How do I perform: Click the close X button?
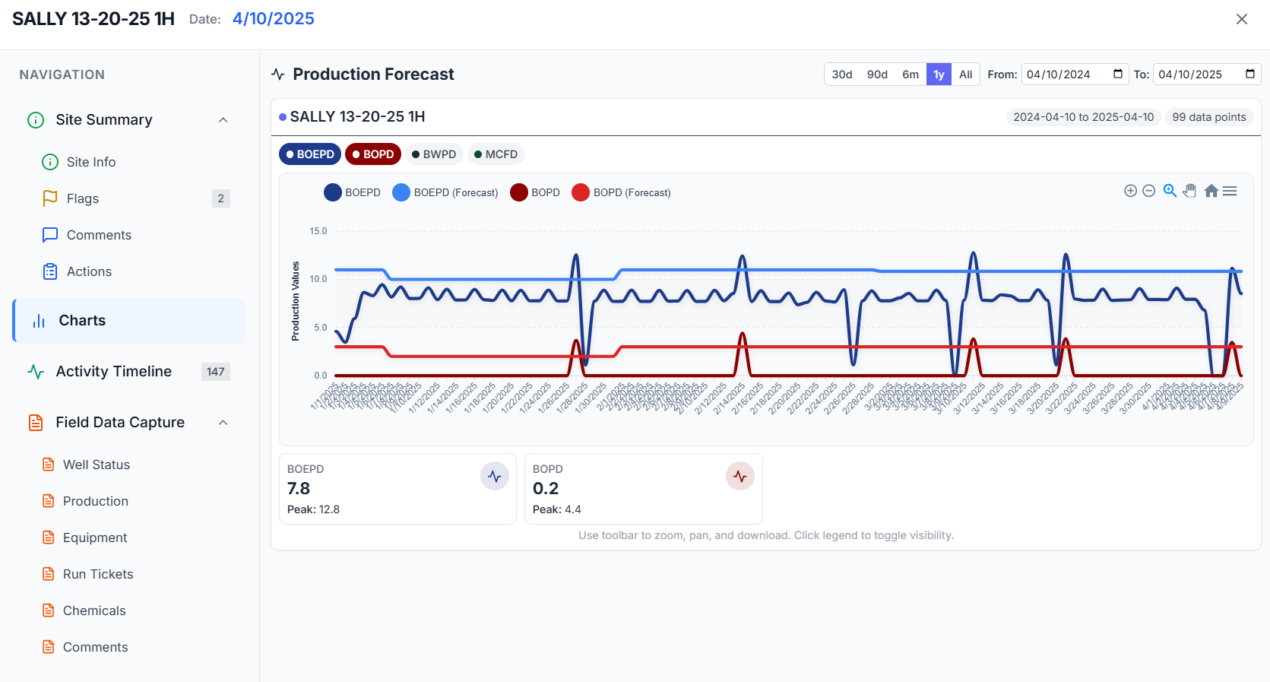click(1241, 19)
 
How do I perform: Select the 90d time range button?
click(877, 75)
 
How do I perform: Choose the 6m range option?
click(910, 75)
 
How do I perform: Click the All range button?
click(965, 75)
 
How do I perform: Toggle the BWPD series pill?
click(433, 154)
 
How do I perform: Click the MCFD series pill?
click(496, 154)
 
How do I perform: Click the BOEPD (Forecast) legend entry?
click(445, 192)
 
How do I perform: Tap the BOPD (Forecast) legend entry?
click(622, 192)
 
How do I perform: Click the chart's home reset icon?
click(1211, 191)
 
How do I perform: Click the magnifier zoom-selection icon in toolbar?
click(1170, 191)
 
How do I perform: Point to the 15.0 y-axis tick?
click(318, 231)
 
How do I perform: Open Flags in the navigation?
click(83, 198)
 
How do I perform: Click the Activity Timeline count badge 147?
click(216, 372)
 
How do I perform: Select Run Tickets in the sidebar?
click(98, 574)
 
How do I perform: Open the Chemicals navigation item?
click(94, 611)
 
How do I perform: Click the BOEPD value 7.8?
click(299, 488)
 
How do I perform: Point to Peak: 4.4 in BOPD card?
click(556, 509)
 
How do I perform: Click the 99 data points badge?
click(1208, 117)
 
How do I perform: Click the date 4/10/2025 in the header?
click(274, 19)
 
